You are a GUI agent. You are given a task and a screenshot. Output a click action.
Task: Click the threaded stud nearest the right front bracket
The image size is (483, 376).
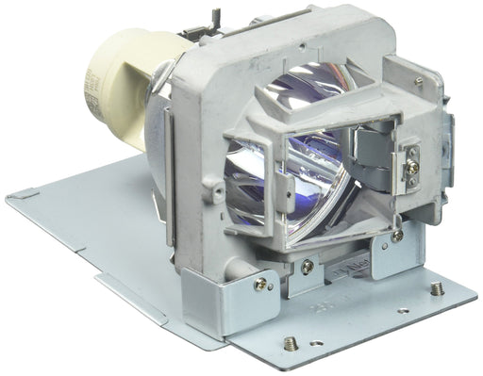pos(435,293)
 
